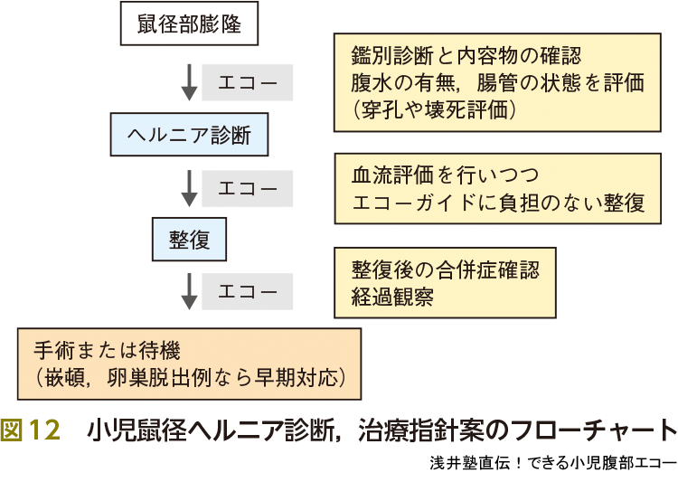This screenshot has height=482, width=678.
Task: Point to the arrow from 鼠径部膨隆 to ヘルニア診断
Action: point(190,82)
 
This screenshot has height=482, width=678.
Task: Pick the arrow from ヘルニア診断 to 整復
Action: point(190,187)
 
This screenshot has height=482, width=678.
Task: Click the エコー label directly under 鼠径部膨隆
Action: point(247,83)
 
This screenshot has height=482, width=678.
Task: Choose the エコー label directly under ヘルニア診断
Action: point(247,188)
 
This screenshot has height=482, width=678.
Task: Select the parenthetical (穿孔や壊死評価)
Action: point(434,110)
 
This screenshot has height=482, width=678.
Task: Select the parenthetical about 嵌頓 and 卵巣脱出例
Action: point(191,376)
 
